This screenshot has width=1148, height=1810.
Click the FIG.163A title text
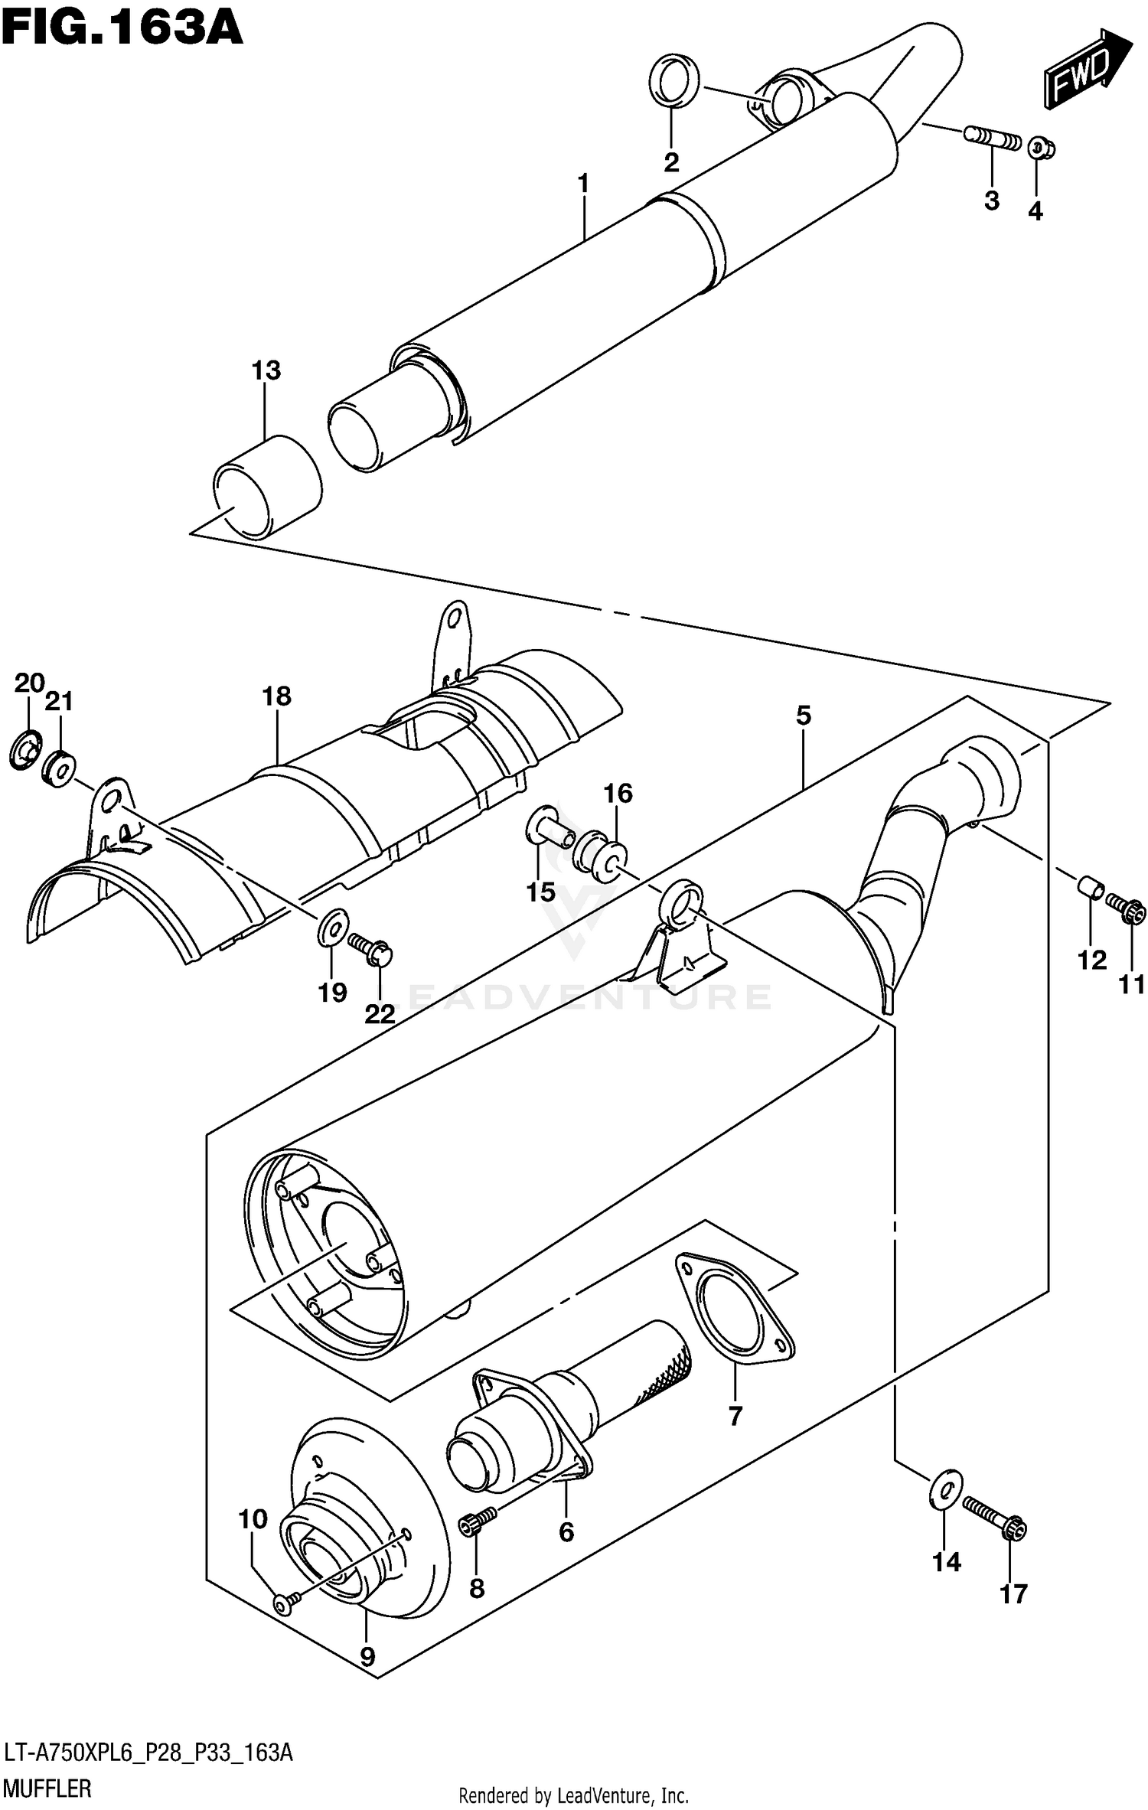click(x=122, y=28)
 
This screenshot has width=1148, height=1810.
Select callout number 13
click(x=266, y=370)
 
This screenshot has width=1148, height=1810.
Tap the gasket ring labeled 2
click(x=674, y=80)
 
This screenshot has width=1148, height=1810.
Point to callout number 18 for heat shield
click(x=276, y=696)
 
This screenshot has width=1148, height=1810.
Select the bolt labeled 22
click(x=370, y=947)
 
